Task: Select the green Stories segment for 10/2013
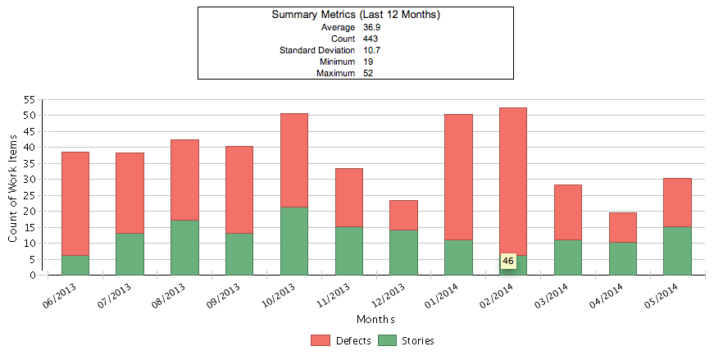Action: tap(294, 240)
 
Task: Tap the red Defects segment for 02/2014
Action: tap(513, 180)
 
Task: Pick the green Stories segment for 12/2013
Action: tap(403, 252)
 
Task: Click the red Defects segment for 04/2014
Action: tap(623, 227)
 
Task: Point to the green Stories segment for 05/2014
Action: tap(677, 250)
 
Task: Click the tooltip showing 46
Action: tap(508, 261)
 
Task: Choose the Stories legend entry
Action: tap(407, 340)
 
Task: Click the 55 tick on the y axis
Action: tap(29, 100)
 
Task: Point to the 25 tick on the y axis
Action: tap(29, 195)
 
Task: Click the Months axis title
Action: tap(375, 319)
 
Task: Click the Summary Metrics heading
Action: tap(355, 15)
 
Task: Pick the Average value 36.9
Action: tap(371, 27)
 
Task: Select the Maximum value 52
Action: tap(368, 73)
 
